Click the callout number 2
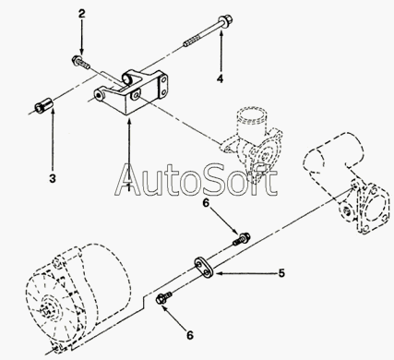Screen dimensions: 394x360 click(x=81, y=14)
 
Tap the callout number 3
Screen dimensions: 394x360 click(x=53, y=178)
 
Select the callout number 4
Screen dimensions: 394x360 click(x=220, y=78)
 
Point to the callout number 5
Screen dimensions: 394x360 click(x=281, y=273)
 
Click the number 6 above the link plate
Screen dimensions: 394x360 click(x=206, y=203)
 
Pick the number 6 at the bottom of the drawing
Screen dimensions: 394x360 click(x=190, y=335)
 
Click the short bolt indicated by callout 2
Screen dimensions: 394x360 click(x=80, y=62)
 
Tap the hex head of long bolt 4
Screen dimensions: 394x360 click(x=225, y=20)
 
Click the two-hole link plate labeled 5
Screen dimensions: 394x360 click(x=204, y=267)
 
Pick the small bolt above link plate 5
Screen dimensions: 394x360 click(x=242, y=239)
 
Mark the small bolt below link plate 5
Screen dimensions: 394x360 click(x=164, y=298)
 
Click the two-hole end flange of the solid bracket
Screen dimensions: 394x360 click(x=163, y=86)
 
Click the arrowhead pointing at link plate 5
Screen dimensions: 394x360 click(x=218, y=273)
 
